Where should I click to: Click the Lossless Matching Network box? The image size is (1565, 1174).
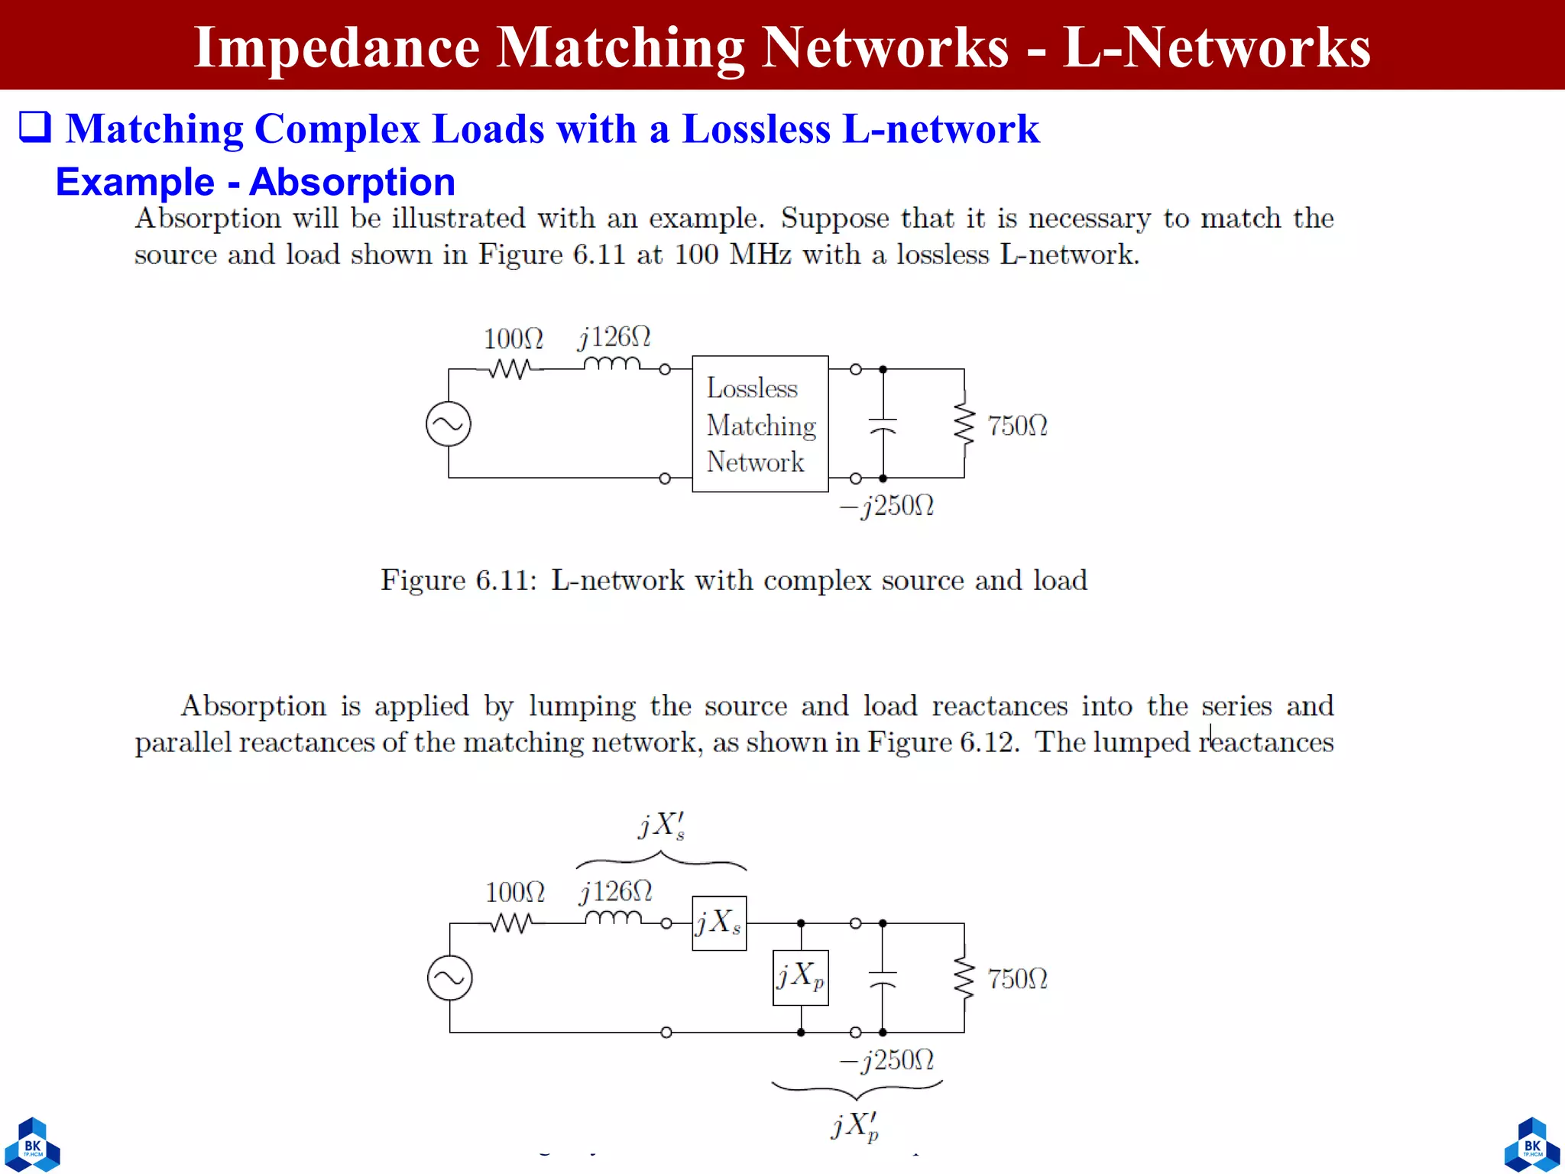point(760,424)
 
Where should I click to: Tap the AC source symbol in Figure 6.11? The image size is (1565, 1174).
point(449,424)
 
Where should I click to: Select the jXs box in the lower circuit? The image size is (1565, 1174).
point(718,923)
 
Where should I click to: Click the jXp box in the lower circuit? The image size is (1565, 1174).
point(800,978)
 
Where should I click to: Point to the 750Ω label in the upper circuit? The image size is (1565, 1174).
point(1016,426)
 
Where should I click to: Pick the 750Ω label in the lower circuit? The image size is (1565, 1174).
point(1016,979)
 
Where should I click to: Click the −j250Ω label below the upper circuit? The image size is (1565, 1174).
point(886,506)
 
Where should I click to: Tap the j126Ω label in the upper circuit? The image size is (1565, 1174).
point(614,337)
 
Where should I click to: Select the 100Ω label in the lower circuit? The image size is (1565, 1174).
point(514,892)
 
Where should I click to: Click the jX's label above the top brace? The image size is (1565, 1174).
point(661,825)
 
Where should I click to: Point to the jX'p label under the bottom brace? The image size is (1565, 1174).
point(855,1126)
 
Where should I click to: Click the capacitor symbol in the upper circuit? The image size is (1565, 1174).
point(883,425)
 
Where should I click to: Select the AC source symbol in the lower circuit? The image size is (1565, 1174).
point(449,978)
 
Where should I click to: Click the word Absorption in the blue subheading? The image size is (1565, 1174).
point(352,182)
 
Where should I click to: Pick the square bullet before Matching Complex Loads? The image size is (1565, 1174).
point(35,127)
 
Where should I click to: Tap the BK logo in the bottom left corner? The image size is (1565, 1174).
point(32,1145)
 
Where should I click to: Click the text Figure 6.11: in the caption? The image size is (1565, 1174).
point(458,580)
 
